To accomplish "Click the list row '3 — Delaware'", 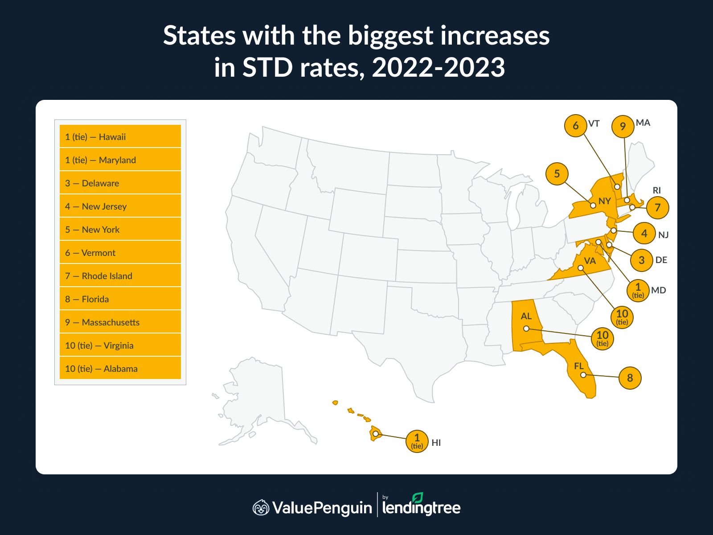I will tap(120, 183).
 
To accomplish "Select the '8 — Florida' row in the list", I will tap(120, 299).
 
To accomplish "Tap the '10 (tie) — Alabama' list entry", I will tap(120, 368).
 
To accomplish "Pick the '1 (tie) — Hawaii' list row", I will tap(120, 136).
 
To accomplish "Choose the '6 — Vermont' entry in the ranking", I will tap(120, 252).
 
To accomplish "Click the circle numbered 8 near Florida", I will tap(630, 378).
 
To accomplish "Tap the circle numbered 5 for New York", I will tap(557, 173).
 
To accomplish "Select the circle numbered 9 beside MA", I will tap(623, 127).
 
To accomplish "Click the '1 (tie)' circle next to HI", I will tap(417, 441).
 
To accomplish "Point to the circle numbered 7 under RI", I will tap(657, 207).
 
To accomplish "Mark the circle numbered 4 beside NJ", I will tap(644, 233).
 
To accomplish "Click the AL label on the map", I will tap(526, 316).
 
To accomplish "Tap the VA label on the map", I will tap(590, 261).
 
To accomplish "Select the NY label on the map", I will tap(604, 201).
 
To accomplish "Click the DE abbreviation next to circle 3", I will tap(661, 260).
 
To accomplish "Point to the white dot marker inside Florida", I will tap(583, 375).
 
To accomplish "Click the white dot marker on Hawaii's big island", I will tap(376, 433).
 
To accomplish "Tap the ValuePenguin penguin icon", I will tap(261, 507).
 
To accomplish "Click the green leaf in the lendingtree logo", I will tap(418, 498).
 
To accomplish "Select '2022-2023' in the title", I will tap(438, 68).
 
